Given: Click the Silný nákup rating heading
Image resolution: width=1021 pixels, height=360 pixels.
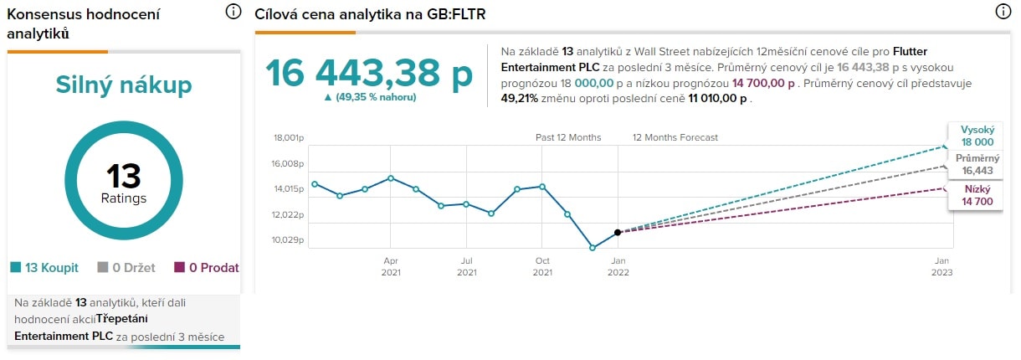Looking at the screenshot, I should pos(124,85).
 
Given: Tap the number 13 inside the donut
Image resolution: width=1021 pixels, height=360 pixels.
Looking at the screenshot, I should pos(124,177).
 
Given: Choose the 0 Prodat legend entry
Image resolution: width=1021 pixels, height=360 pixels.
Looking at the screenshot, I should pos(207,268).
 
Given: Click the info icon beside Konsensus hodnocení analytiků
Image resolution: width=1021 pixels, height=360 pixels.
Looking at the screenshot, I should pos(233,12).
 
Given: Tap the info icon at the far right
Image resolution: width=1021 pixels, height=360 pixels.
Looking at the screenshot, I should pos(1003,12).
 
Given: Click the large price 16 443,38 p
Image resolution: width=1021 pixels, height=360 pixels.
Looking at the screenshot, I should pos(369,74).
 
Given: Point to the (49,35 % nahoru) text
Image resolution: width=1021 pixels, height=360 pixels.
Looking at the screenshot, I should pos(369,97).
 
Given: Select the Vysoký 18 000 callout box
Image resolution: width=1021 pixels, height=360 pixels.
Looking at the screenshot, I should pos(977,136).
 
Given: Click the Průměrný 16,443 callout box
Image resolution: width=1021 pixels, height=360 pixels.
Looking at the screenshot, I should pos(977,164).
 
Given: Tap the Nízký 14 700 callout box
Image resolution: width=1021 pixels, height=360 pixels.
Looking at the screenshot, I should pos(977,195).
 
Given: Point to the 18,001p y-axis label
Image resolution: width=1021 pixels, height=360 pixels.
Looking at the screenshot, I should pos(289,138).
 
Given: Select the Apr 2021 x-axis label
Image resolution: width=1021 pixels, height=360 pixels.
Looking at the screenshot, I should pos(391,265).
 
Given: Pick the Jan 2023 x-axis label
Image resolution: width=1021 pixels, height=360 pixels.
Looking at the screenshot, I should pos(942,265).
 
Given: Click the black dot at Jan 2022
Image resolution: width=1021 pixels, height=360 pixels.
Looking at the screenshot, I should pos(618,232).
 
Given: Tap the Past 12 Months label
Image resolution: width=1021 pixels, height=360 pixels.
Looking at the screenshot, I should pos(568,137).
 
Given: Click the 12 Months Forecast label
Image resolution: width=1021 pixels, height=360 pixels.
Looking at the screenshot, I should pos(675,137).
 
